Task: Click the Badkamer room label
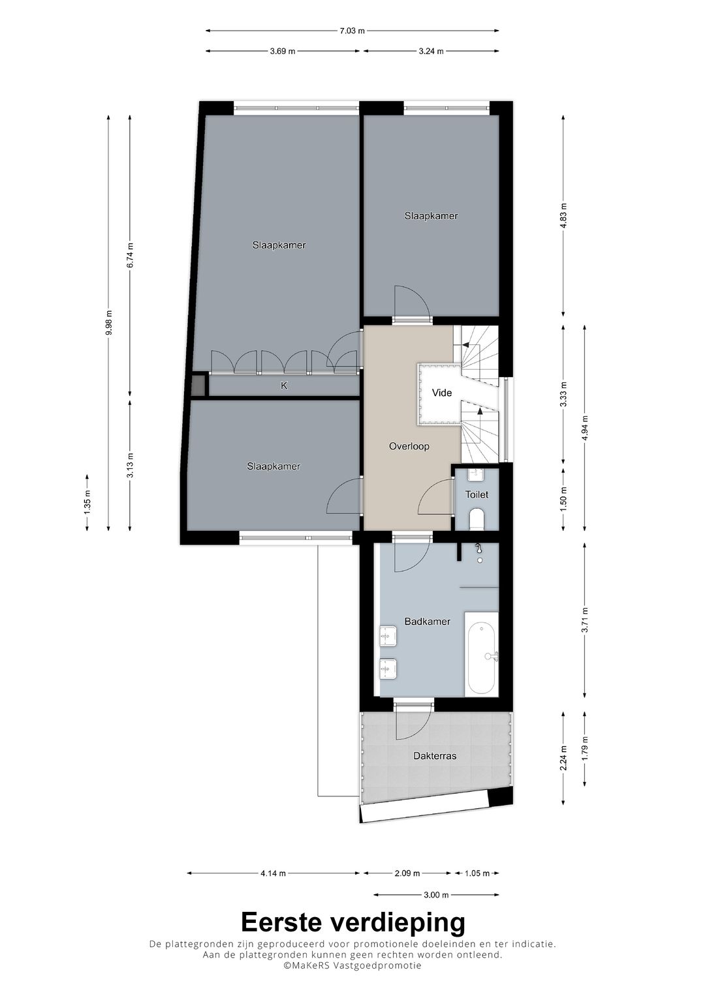[x=427, y=622]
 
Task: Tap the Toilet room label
[x=477, y=494]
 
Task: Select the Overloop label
[x=409, y=446]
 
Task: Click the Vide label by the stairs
[x=442, y=393]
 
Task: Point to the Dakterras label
[x=434, y=756]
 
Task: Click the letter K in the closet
[x=284, y=385]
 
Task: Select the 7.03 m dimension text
[x=352, y=30]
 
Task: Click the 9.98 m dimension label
[x=109, y=322]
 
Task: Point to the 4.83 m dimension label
[x=563, y=215]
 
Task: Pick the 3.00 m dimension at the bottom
[x=436, y=895]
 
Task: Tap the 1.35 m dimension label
[x=87, y=502]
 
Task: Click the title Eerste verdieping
[x=352, y=922]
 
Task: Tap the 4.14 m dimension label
[x=273, y=873]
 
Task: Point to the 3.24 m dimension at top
[x=431, y=51]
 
